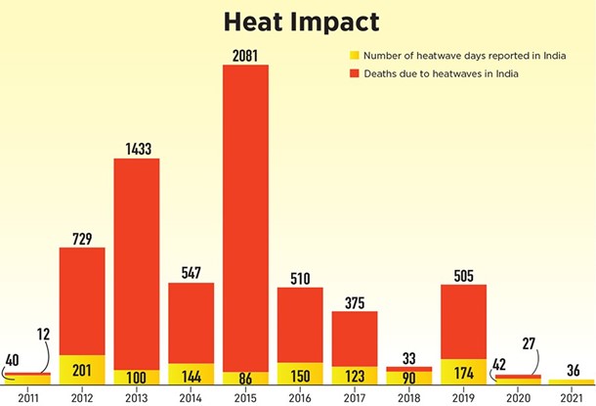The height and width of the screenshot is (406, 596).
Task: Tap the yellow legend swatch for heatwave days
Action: click(355, 55)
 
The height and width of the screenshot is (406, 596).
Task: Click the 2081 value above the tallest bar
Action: click(245, 56)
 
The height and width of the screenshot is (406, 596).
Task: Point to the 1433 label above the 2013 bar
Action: click(137, 149)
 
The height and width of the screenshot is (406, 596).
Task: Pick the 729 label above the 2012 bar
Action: click(82, 239)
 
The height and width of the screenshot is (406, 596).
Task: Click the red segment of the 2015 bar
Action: click(245, 215)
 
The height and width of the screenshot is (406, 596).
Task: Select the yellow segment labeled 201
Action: click(82, 369)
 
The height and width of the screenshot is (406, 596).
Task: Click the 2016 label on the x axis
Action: click(300, 395)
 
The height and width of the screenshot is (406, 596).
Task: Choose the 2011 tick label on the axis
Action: click(27, 395)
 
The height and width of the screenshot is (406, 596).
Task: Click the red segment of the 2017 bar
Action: click(355, 338)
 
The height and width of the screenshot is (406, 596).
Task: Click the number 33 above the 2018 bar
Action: click(409, 358)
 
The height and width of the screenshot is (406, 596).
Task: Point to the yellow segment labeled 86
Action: click(245, 377)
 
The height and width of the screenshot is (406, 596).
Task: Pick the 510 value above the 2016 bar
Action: click(300, 279)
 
